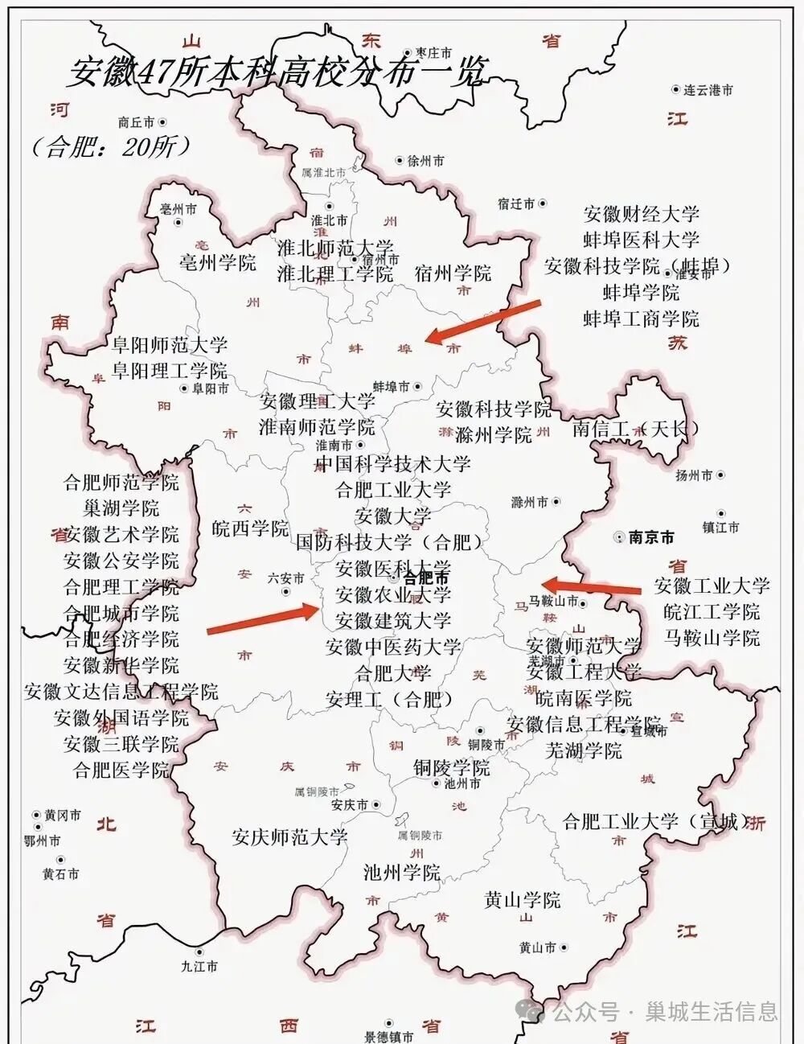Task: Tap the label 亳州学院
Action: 217,262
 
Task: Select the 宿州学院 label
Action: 453,273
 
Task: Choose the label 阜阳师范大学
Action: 170,345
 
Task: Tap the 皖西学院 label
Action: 250,528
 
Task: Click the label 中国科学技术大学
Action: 392,464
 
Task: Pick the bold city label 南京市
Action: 652,537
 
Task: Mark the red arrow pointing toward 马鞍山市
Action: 591,586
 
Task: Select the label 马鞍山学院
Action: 712,638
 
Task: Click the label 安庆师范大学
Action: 289,837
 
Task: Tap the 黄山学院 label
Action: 523,900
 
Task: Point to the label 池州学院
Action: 402,872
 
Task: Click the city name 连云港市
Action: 708,91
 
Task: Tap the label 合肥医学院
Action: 121,770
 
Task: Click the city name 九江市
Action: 199,966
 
